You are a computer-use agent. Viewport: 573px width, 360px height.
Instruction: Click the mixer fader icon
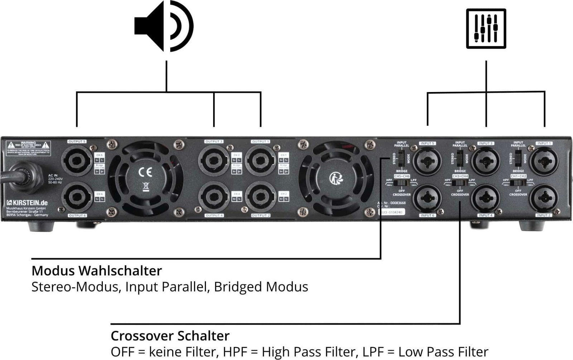coord(486,28)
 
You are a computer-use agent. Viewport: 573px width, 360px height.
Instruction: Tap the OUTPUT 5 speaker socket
coord(77,160)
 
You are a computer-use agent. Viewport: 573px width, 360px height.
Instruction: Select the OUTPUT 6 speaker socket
coord(77,197)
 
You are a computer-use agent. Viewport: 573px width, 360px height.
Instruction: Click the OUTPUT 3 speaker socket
coord(214,160)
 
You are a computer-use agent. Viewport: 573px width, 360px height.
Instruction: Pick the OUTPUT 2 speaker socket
coord(260,197)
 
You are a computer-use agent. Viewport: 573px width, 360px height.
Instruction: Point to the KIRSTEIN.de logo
coord(27,203)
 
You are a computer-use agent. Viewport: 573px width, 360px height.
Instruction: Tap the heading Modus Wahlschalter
coord(97,271)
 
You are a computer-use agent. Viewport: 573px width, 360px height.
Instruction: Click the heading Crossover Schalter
coord(170,336)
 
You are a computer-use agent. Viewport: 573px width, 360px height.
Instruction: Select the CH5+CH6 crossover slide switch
coord(401,183)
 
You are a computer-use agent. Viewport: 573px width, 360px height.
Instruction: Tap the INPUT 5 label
coord(427,143)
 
